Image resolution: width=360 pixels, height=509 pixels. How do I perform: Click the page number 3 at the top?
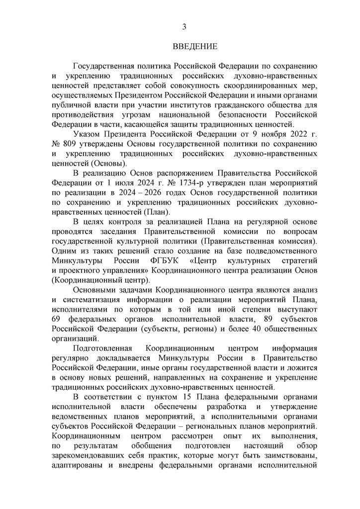[x=183, y=26]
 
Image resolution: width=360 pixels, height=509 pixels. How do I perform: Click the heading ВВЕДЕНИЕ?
[x=195, y=47]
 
